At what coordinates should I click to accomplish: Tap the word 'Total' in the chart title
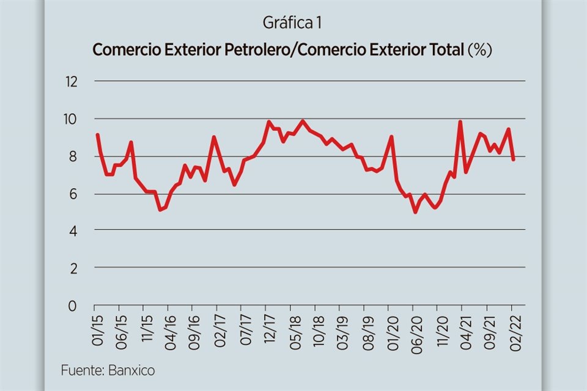446,50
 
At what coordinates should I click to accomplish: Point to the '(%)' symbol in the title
480,50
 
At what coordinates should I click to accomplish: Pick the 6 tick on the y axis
73,194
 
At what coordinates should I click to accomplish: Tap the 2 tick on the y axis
73,268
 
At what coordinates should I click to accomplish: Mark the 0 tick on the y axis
73,305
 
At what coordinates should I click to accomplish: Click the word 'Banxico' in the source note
134,370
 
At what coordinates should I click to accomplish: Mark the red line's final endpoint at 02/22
514,159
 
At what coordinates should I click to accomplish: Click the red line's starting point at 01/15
97,134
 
